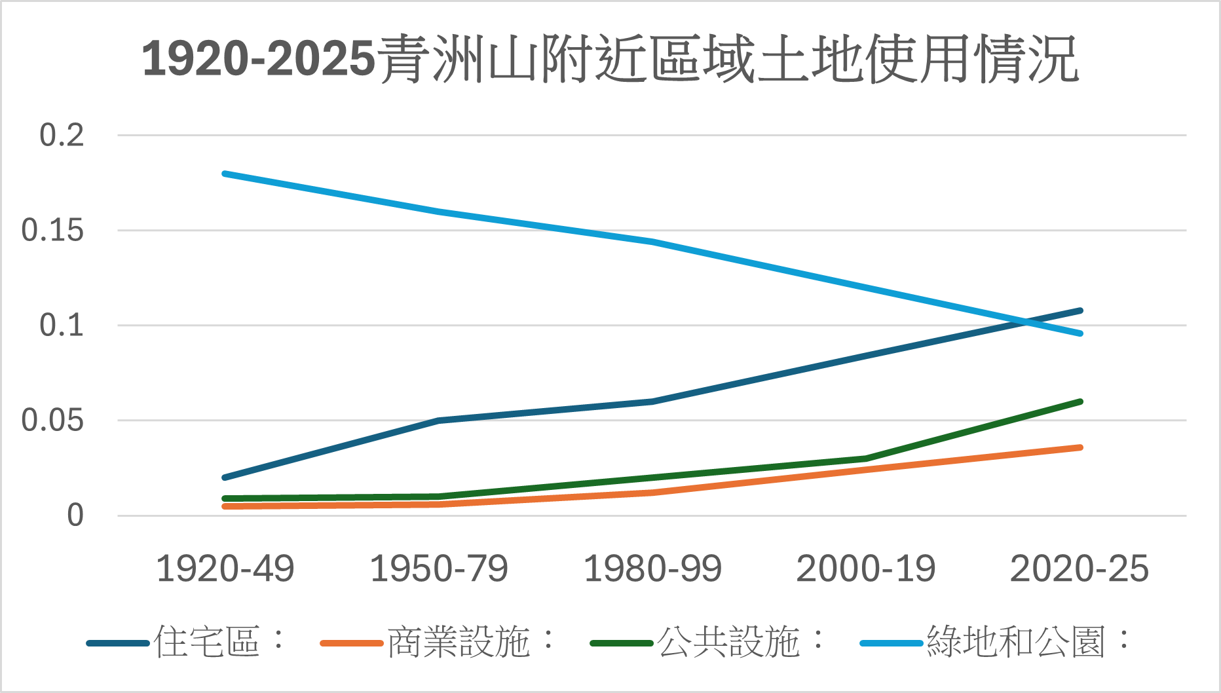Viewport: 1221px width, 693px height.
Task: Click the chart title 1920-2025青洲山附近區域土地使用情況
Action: pos(610,60)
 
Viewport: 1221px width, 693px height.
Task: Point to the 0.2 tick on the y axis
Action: pos(62,136)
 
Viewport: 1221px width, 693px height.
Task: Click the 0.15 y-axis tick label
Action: pos(52,231)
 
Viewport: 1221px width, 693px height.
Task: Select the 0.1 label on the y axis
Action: pos(62,326)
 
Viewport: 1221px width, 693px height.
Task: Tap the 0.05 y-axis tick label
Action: pos(52,421)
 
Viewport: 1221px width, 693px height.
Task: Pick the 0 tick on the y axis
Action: pos(75,515)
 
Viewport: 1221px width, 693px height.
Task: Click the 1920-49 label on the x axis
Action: pos(225,569)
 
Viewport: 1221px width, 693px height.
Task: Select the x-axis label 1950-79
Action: pos(439,569)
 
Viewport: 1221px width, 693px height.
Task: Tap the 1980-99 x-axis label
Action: pos(652,569)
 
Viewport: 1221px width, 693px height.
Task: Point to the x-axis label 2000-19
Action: pos(866,569)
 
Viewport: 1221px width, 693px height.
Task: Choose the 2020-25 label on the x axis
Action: pos(1080,569)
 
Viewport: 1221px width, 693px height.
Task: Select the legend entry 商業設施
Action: pos(459,642)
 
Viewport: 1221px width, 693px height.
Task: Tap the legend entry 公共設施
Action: pos(728,642)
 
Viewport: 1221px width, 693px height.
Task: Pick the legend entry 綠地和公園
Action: pos(1015,642)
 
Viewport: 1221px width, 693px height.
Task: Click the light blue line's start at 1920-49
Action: pos(225,174)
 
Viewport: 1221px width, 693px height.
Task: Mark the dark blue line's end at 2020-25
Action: pos(1080,310)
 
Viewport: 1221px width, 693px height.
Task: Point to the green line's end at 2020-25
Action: pos(1080,402)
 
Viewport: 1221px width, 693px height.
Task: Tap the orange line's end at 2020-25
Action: pos(1080,447)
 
